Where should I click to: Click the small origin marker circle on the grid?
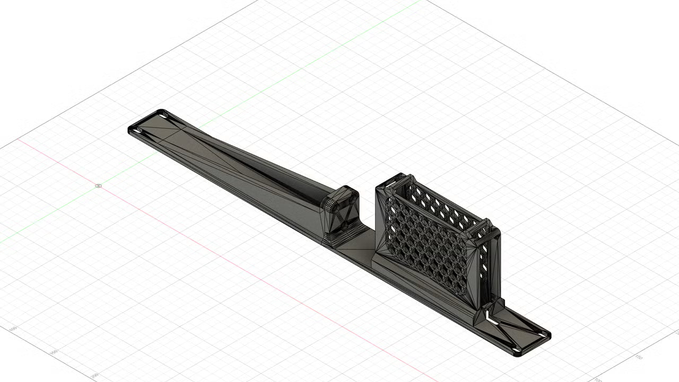coord(98,186)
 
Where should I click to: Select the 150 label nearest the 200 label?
coord(53,352)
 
